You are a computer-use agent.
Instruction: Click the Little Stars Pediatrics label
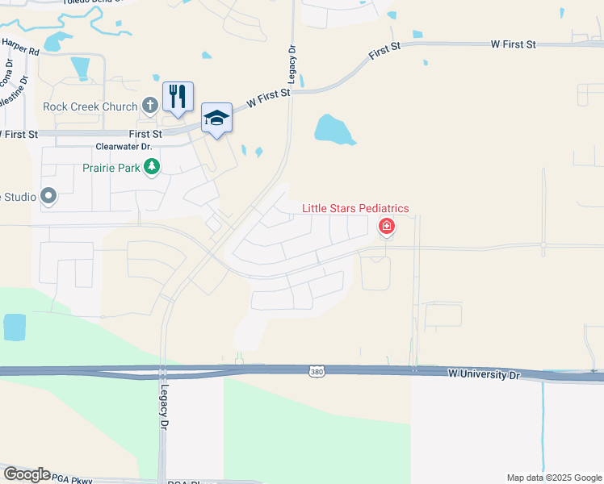[x=355, y=208]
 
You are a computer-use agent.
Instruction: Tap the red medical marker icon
[x=387, y=226]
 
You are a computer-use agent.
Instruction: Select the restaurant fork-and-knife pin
[x=178, y=96]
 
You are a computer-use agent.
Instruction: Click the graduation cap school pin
[x=216, y=118]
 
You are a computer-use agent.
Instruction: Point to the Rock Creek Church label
[x=90, y=106]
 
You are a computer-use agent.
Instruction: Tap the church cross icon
[x=149, y=106]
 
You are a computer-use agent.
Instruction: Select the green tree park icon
[x=151, y=168]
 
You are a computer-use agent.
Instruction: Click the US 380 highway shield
[x=317, y=371]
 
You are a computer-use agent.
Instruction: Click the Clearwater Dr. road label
[x=124, y=147]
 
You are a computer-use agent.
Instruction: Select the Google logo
[x=27, y=474]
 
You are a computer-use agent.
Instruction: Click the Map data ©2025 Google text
[x=553, y=478]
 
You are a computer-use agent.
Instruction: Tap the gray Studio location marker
[x=48, y=195]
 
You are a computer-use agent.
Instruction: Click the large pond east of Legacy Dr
[x=333, y=129]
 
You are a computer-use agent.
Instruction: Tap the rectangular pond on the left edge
[x=14, y=327]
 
